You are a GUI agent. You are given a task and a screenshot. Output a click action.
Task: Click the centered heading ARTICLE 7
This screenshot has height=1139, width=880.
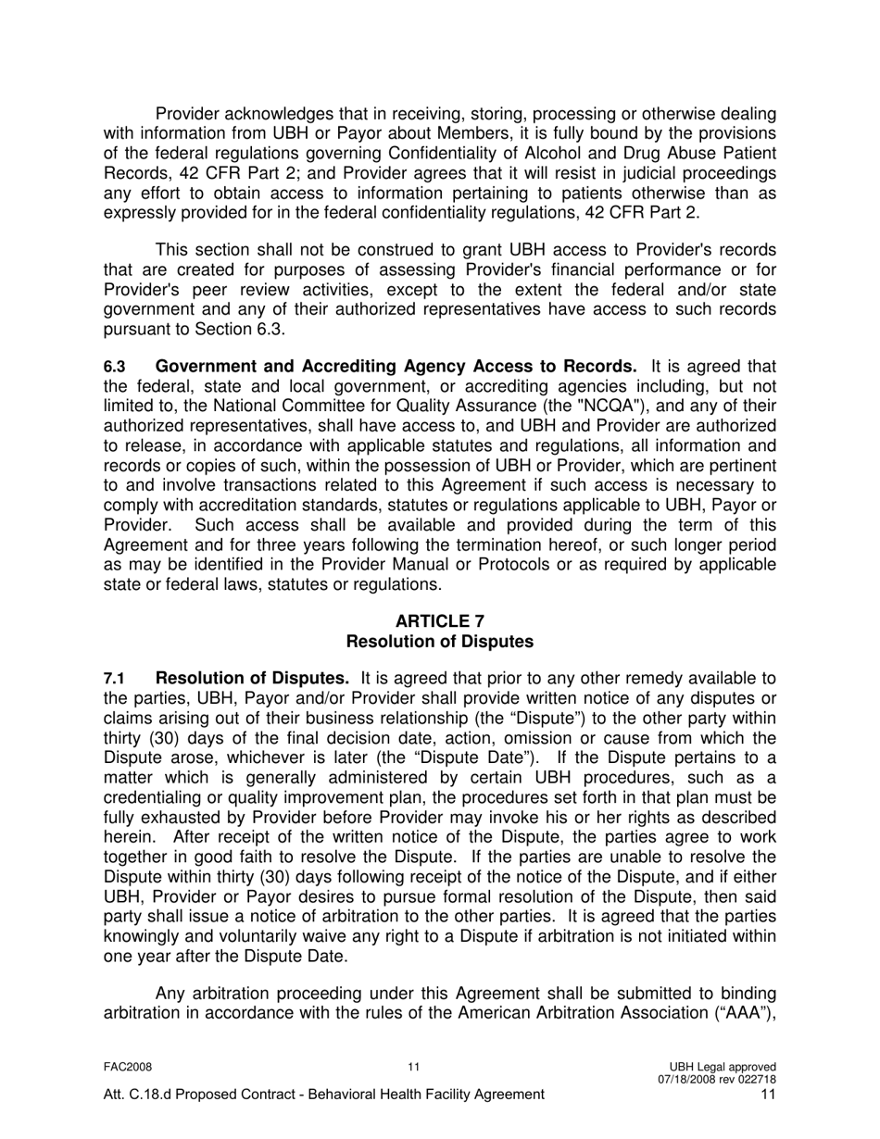pos(439,620)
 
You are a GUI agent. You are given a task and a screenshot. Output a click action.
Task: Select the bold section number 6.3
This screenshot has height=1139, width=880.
pos(114,368)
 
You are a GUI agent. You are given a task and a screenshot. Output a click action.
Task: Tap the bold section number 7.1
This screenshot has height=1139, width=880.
pos(114,680)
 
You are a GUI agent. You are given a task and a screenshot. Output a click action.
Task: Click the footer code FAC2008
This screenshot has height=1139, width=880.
pos(128,1067)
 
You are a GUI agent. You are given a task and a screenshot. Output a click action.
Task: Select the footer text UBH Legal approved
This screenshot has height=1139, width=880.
pos(728,1067)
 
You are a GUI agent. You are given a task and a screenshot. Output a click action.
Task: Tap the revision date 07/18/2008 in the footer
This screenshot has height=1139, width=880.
pos(690,1079)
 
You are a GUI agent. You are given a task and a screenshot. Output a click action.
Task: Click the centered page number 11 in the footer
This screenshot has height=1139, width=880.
pos(414,1067)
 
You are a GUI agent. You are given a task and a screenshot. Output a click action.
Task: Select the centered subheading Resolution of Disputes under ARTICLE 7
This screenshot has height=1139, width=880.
pos(439,641)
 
